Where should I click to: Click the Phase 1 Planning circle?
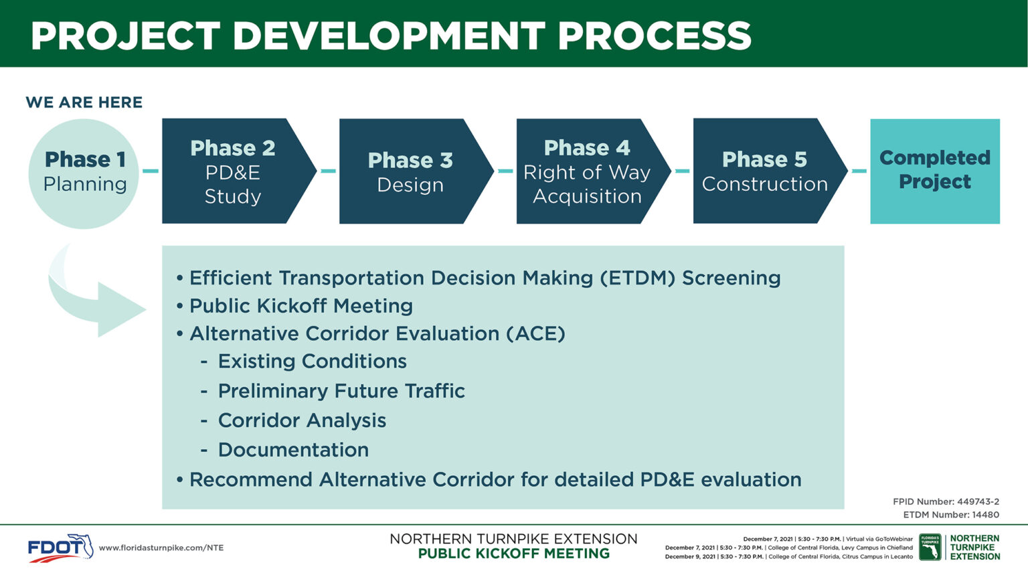point(84,173)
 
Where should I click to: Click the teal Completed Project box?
point(935,171)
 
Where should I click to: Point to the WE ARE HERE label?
point(84,102)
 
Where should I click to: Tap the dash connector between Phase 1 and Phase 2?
point(151,171)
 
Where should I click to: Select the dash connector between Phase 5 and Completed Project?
point(859,171)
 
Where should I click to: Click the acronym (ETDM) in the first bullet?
point(637,278)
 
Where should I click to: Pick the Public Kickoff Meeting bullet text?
point(301,306)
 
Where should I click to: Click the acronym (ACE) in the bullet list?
point(535,333)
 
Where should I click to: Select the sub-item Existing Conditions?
point(312,361)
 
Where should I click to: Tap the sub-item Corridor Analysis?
point(302,420)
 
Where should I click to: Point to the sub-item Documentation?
point(293,450)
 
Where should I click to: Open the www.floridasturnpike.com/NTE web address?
point(161,548)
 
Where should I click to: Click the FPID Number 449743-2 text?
point(946,501)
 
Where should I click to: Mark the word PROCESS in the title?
point(655,35)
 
